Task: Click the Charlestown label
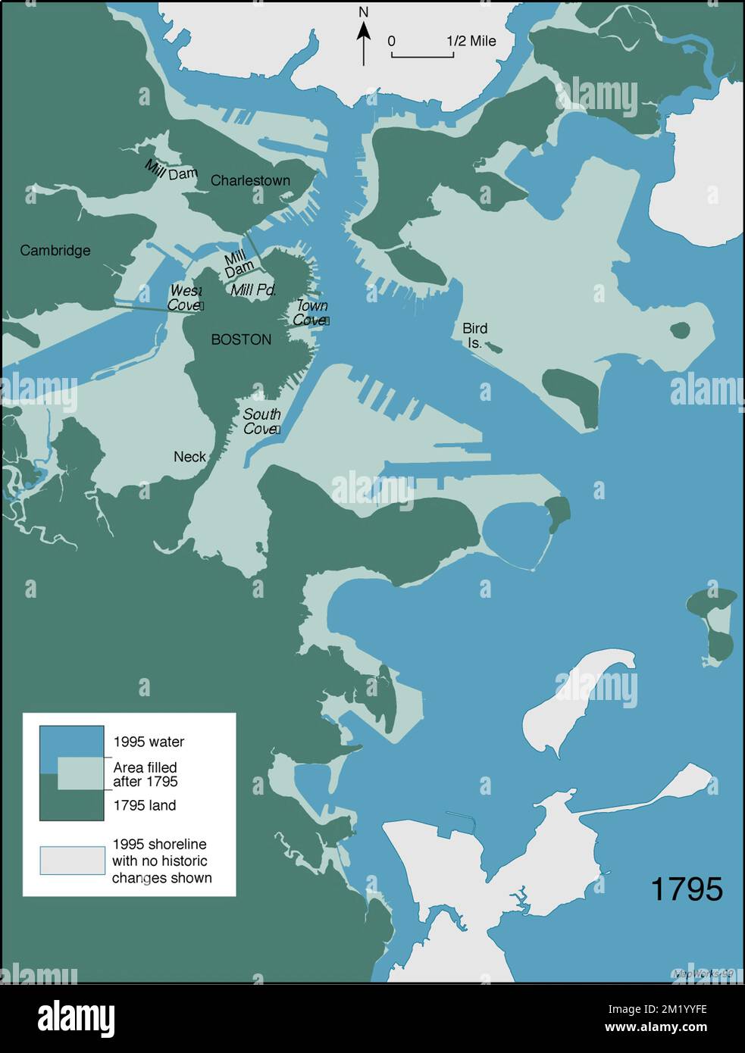tap(250, 180)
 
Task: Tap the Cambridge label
tap(55, 250)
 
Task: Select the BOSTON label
tap(241, 339)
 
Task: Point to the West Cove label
tap(186, 298)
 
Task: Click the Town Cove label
tap(311, 312)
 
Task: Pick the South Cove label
tap(261, 421)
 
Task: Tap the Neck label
tap(189, 456)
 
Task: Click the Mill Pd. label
tap(254, 289)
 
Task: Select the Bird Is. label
tap(474, 335)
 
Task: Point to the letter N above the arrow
tap(364, 13)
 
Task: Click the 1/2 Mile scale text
tap(471, 41)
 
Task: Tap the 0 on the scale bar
tap(392, 41)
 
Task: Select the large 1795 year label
tap(687, 889)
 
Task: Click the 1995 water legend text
tap(149, 742)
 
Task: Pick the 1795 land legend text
tap(144, 805)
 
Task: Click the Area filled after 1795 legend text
tap(146, 774)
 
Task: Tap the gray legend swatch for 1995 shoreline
tap(73, 861)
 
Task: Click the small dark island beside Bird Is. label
tap(493, 347)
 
